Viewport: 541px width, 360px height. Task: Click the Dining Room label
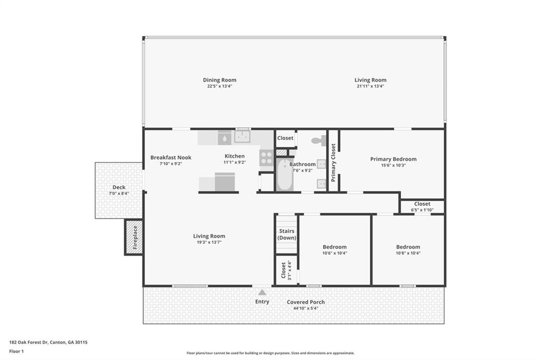click(219, 80)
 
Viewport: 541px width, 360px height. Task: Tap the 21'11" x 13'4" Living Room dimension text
click(370, 86)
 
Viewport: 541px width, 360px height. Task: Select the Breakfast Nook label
click(171, 157)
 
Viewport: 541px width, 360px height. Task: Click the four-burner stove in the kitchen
click(266, 157)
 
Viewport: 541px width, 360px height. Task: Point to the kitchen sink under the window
click(243, 137)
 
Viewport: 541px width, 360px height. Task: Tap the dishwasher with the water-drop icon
click(225, 138)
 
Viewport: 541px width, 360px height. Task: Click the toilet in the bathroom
click(319, 141)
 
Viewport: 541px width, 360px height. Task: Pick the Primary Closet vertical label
click(333, 163)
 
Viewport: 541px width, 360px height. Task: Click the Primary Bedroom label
click(393, 159)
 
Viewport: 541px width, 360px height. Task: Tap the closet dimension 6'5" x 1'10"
click(422, 210)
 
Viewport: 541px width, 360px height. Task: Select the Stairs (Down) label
click(286, 234)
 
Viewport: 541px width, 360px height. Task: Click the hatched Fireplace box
click(134, 237)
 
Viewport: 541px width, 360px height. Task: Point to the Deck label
click(118, 187)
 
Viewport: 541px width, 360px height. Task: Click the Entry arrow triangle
click(262, 292)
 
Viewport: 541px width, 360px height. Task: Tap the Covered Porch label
click(305, 302)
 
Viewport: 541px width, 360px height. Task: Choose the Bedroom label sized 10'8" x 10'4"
click(408, 247)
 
